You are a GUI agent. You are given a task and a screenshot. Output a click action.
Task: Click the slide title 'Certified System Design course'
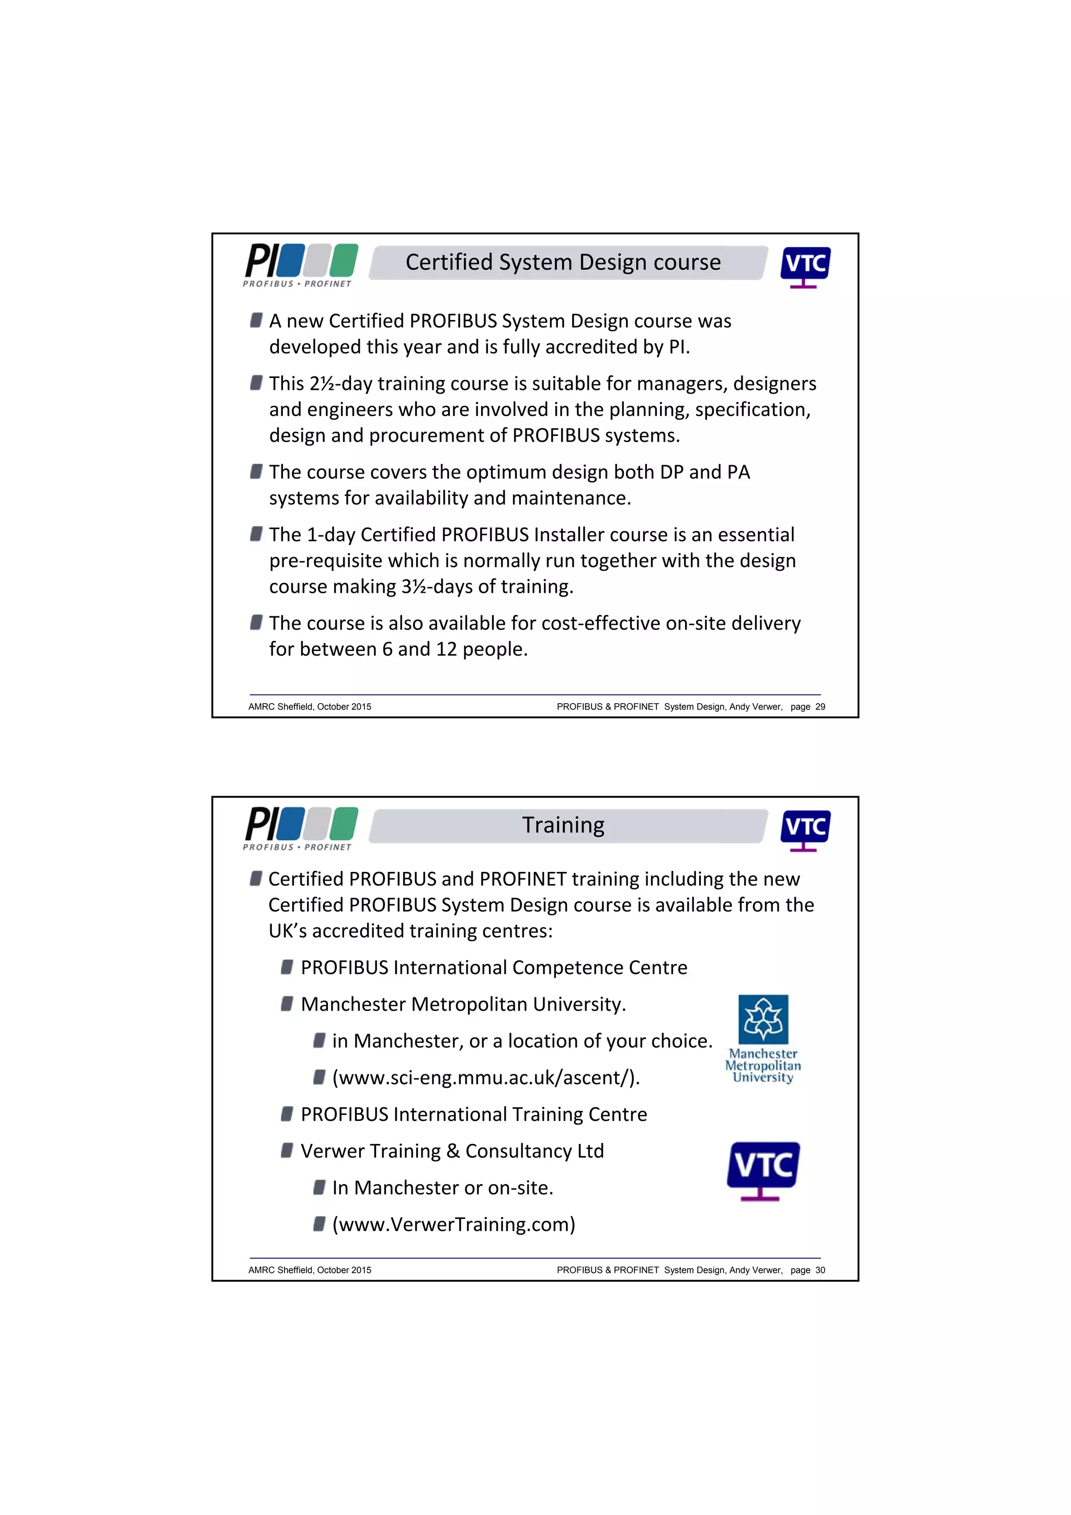[x=562, y=262]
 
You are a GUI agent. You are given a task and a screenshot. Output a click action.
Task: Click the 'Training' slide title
[x=562, y=825]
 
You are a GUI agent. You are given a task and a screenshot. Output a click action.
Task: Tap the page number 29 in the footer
[x=819, y=707]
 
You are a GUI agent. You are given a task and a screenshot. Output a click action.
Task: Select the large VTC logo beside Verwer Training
[x=763, y=1170]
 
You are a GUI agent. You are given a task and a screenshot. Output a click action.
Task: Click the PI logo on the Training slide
[x=300, y=828]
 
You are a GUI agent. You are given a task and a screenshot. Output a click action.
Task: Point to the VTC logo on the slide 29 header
[x=804, y=267]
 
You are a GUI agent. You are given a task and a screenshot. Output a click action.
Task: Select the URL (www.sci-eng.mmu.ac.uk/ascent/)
[x=486, y=1077]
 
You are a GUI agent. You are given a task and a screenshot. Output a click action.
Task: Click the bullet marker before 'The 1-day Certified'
[x=256, y=534]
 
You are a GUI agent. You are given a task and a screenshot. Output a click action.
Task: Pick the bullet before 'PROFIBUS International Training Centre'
[x=287, y=1114]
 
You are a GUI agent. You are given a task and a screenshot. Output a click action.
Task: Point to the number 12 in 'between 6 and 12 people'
[x=446, y=649]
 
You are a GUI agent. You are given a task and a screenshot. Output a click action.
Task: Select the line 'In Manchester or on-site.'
[x=442, y=1188]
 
